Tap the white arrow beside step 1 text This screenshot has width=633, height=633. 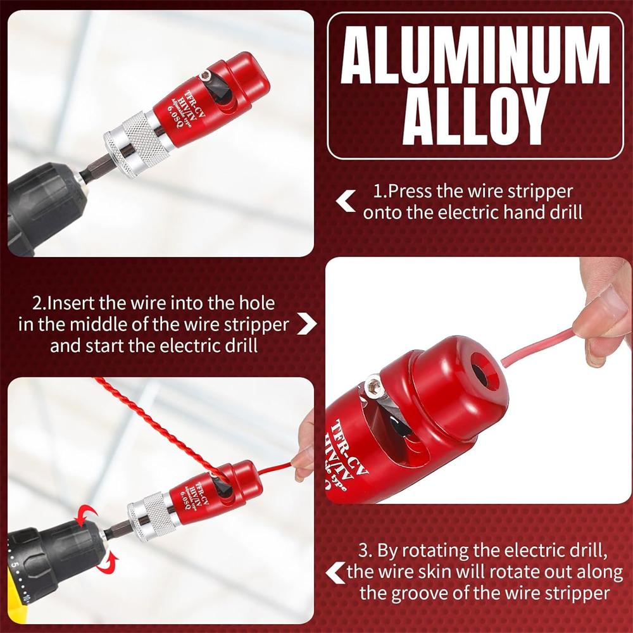point(345,202)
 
